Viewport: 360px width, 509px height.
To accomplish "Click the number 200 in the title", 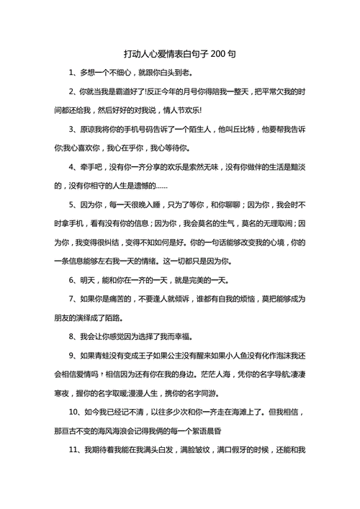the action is coord(222,55).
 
